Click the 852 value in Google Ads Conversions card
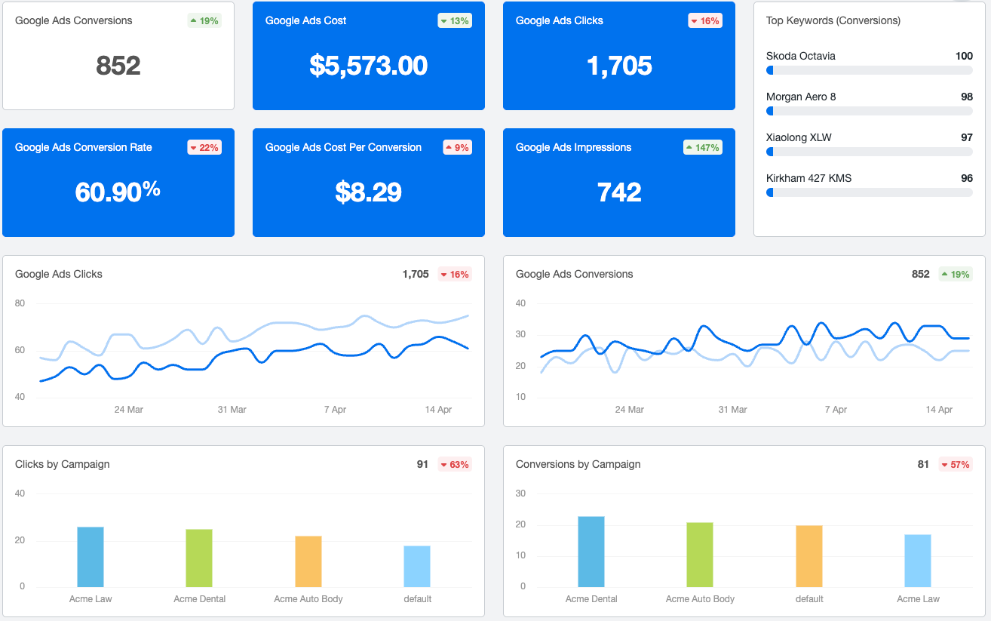118,66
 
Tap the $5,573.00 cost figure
368,66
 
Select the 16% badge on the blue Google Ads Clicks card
705,21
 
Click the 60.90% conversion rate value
118,192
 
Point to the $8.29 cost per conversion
368,192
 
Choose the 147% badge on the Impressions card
703,148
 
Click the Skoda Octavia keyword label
800,56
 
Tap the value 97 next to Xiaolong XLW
966,137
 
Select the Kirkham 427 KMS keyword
808,178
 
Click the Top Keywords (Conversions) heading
833,20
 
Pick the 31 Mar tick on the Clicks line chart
232,410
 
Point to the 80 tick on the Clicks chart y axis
20,303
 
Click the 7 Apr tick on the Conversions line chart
836,410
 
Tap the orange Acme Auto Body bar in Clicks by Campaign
308,561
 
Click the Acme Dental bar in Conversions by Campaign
591,552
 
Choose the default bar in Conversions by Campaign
809,556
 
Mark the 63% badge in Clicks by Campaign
455,465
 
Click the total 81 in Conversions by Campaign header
923,465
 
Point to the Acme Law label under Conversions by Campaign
918,599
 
